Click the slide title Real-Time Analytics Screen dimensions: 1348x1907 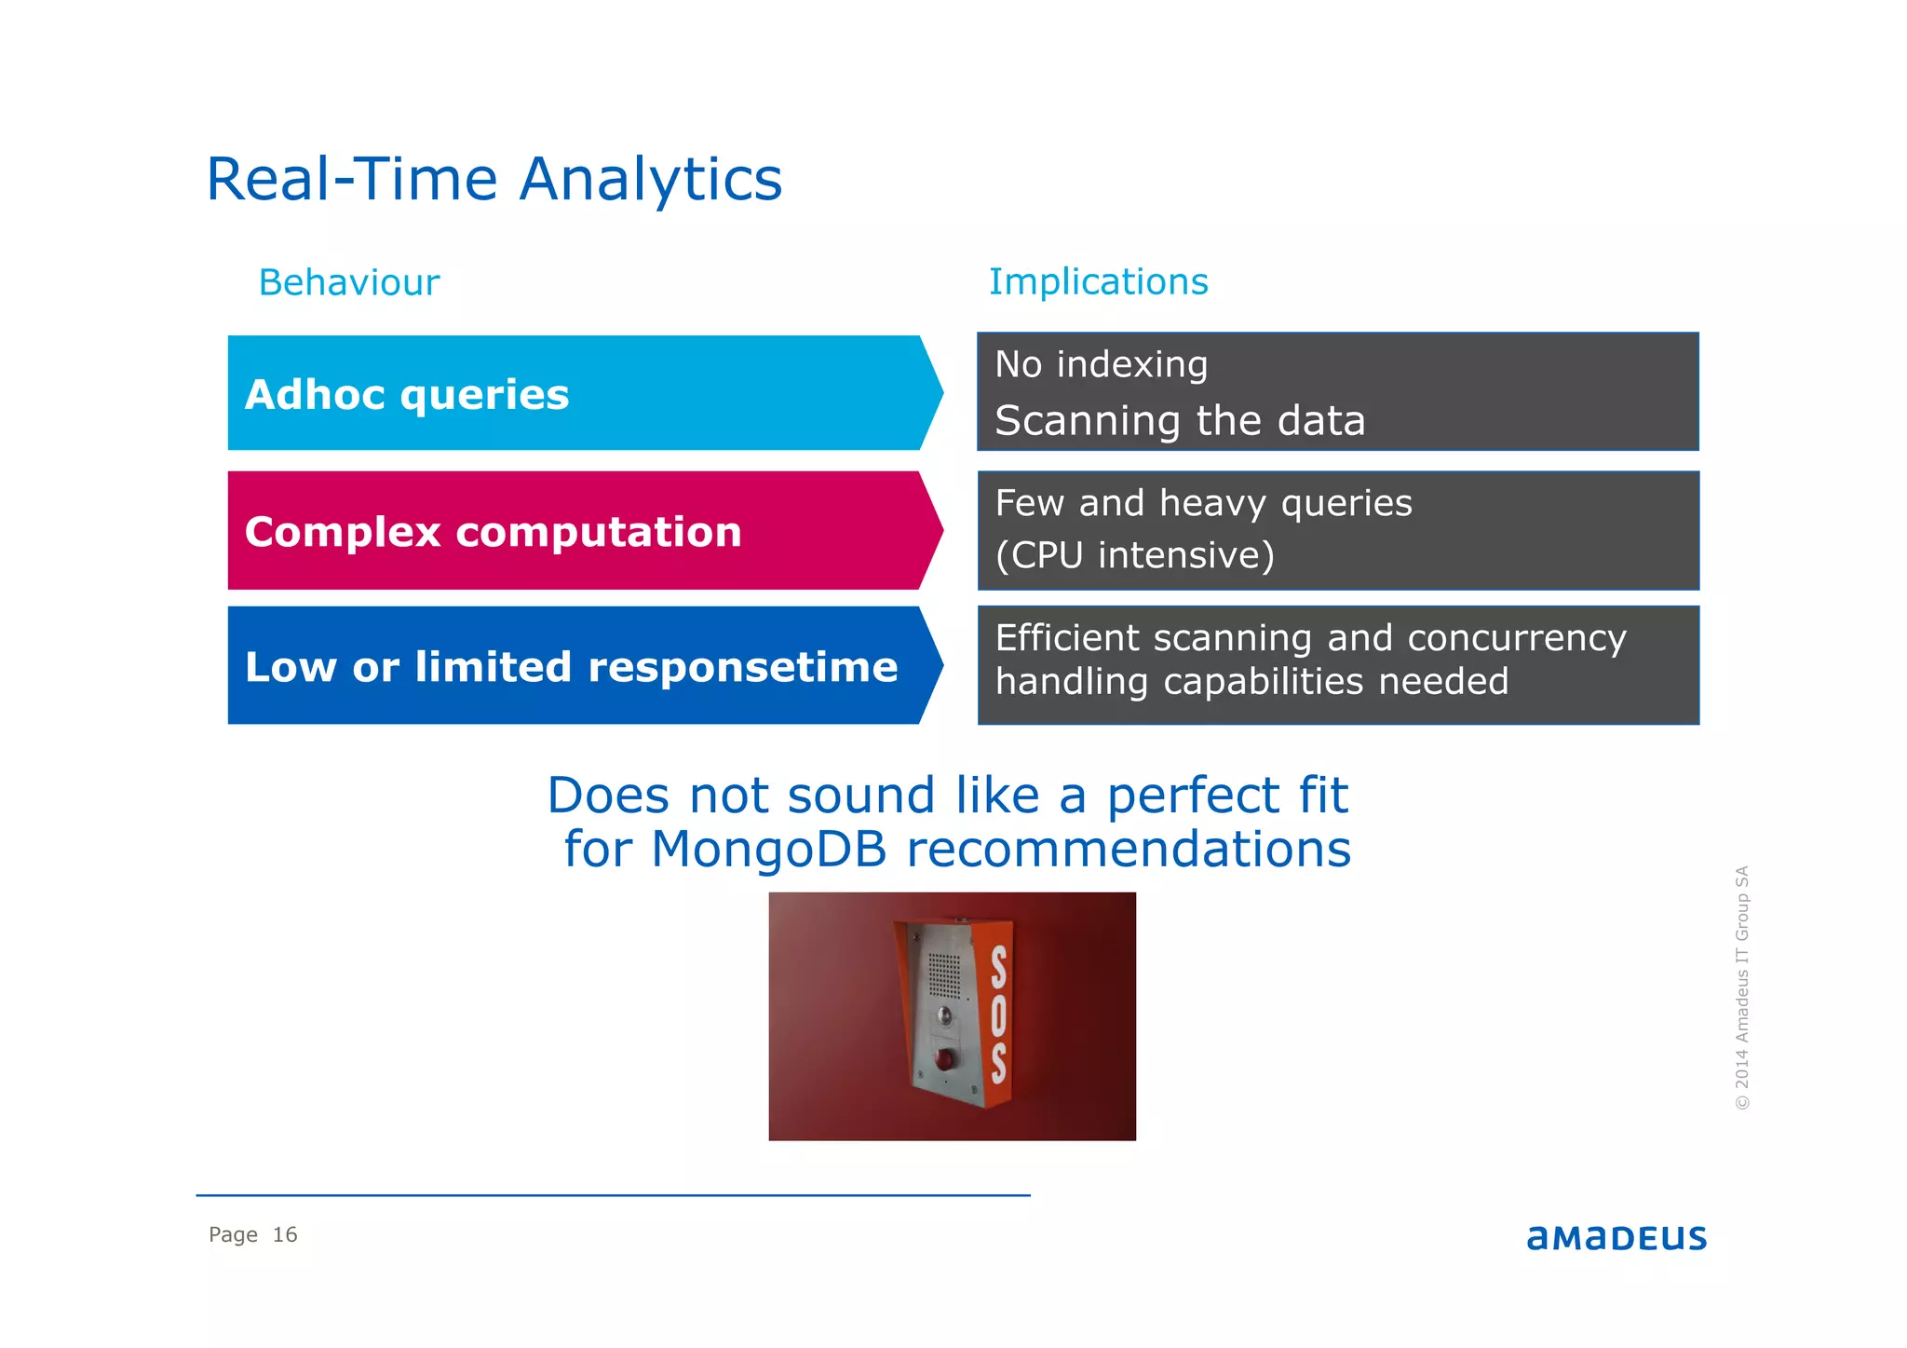pos(494,179)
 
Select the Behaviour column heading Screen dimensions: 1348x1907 pos(348,282)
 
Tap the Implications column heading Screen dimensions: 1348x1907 pos(1098,281)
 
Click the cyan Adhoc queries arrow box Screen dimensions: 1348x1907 pos(577,393)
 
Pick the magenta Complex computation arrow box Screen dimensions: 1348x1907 pos(577,531)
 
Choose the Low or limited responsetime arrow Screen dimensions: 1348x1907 pos(577,666)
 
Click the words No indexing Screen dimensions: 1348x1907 pos(1101,364)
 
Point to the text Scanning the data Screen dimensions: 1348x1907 pos(1179,420)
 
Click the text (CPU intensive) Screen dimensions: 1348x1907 pos(1134,555)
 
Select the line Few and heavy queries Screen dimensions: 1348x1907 pos(1203,503)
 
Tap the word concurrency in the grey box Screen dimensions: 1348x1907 pos(1516,638)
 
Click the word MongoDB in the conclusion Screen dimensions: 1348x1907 pos(768,849)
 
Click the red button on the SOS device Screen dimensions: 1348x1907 pos(944,1059)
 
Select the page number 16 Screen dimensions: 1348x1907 pos(284,1234)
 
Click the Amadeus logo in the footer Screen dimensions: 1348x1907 pos(1616,1237)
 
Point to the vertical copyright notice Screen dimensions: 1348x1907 pos(1741,987)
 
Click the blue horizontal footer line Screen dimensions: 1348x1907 pos(613,1195)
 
